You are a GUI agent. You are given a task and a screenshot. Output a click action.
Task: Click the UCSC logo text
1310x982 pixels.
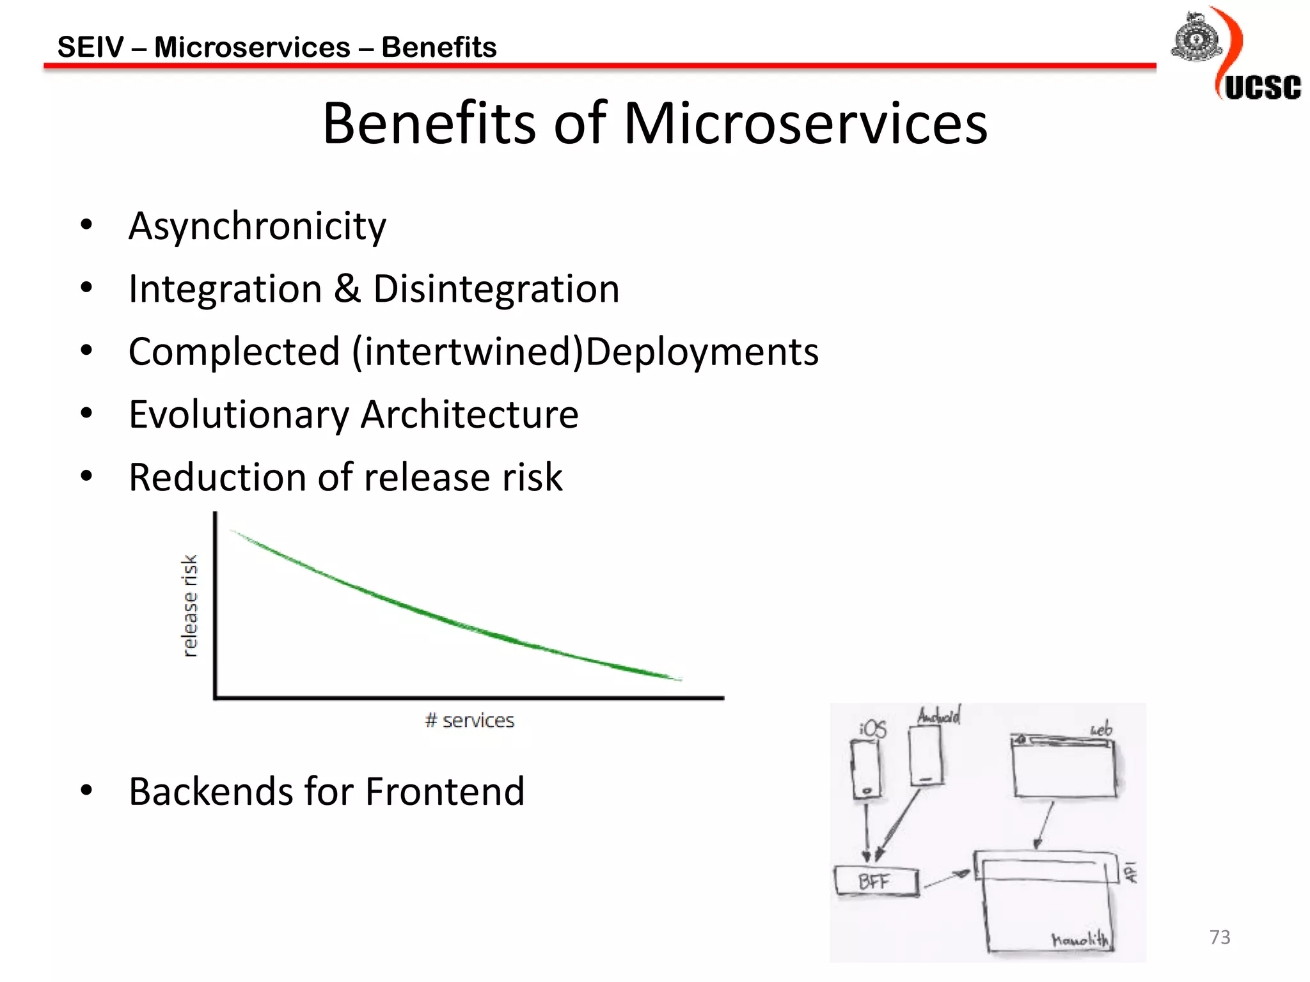(1262, 88)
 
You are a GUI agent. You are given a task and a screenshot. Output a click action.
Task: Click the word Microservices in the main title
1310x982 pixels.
(805, 123)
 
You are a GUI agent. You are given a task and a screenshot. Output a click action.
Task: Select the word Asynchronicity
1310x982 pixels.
(257, 227)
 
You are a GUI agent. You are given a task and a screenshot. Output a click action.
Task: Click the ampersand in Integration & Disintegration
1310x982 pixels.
(347, 288)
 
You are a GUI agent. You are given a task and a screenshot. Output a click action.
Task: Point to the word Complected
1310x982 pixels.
(233, 352)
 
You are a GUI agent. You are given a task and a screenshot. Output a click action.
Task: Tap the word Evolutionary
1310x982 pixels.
(239, 415)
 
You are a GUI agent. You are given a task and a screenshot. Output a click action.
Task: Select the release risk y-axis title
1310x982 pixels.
(189, 605)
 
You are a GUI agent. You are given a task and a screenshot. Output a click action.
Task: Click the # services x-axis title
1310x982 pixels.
(470, 721)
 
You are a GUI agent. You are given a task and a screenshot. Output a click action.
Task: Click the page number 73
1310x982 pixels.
(1220, 937)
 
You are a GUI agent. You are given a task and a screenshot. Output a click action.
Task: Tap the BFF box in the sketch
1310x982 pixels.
(876, 882)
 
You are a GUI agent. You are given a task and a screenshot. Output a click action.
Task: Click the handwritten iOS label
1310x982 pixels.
(873, 729)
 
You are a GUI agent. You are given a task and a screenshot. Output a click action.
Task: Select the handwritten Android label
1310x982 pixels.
(938, 715)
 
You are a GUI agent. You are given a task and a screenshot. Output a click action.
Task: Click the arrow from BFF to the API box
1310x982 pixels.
(947, 880)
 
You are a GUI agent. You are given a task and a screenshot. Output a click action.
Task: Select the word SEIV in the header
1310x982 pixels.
(90, 47)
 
